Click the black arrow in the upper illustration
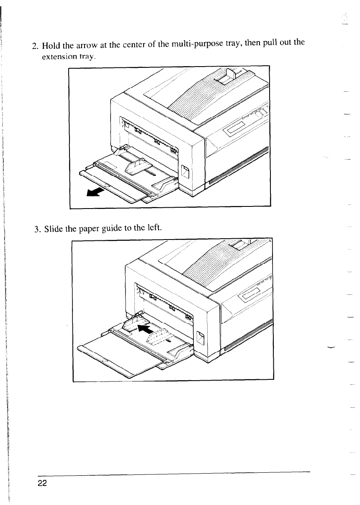click(x=95, y=192)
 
